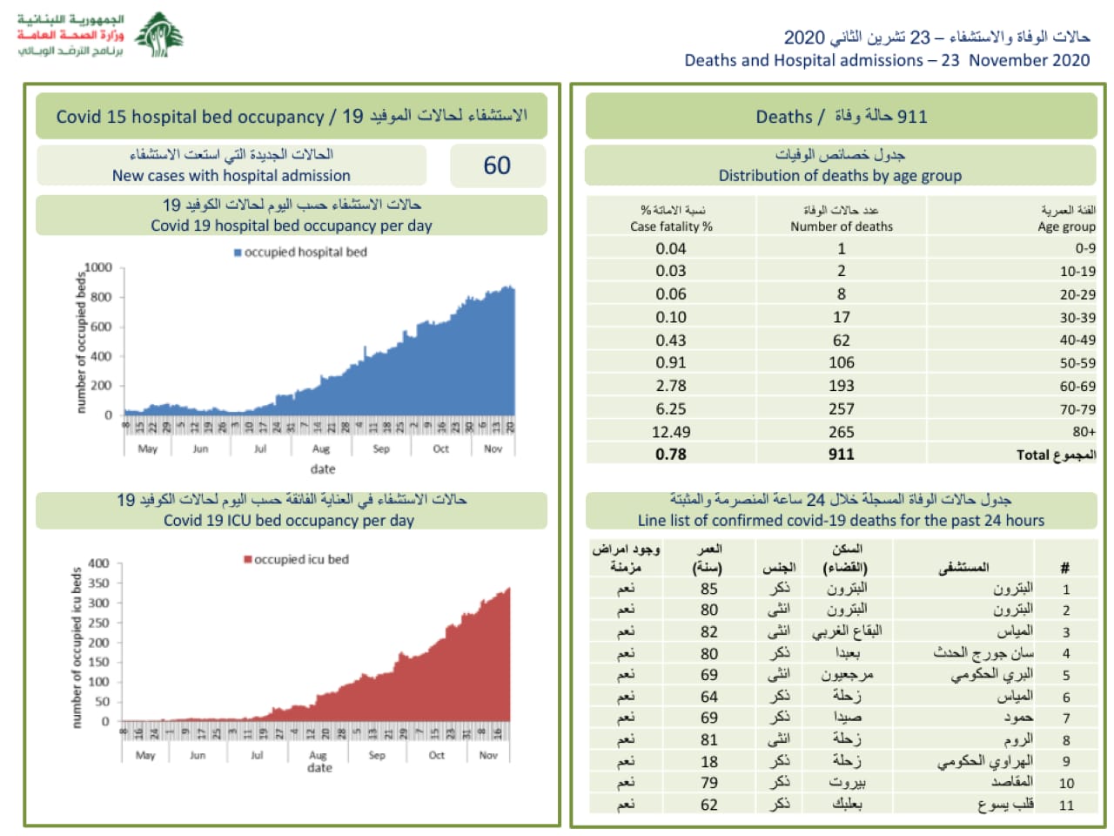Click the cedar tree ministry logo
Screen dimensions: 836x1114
pos(159,35)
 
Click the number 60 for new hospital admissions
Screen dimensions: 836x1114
pos(497,165)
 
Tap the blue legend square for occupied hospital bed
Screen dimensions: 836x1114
pos(238,253)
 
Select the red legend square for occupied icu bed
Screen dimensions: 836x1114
pos(248,559)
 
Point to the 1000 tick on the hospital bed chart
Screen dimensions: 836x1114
pos(98,267)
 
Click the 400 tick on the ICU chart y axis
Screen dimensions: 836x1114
pos(99,563)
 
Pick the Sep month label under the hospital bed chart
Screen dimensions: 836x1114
pos(381,449)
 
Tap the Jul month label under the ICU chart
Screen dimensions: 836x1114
pos(257,755)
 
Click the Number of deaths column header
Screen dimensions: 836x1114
pos(842,219)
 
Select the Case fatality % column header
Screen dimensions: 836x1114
pos(671,219)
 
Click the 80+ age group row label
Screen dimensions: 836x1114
pos(1084,432)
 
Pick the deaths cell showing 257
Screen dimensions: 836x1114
pos(842,408)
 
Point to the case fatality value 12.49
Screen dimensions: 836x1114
pos(671,432)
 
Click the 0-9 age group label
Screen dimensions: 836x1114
pos(1085,248)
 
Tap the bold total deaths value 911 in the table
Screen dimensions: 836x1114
pos(842,455)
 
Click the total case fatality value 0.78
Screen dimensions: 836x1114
pos(671,455)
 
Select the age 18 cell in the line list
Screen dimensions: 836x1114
pos(709,761)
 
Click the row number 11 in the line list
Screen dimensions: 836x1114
pos(1066,806)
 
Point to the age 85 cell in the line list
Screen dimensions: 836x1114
pos(709,589)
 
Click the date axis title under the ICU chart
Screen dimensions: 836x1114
pos(319,768)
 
